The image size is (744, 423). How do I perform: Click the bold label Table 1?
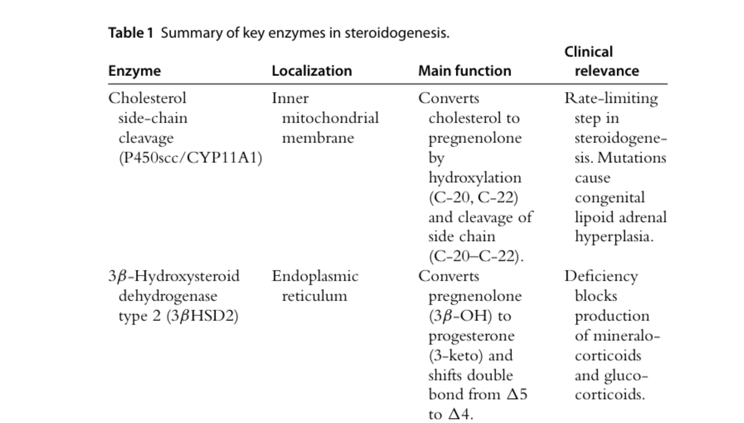pos(131,33)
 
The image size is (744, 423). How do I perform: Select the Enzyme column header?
pos(134,71)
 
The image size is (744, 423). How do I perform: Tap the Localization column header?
pos(312,71)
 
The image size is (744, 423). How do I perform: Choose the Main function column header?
pos(464,71)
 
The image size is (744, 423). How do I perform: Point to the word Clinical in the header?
pos(588,52)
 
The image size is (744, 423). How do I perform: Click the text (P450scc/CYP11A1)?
pos(190,157)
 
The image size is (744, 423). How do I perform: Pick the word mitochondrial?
pos(330,118)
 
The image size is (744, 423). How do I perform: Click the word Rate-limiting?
pos(611,98)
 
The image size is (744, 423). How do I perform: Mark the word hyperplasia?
pos(614,237)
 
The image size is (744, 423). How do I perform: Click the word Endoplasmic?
pos(315,276)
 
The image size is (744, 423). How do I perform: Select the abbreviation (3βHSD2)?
pos(202,316)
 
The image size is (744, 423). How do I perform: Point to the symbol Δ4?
pos(459,414)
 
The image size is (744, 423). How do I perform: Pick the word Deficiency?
pos(601,276)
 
